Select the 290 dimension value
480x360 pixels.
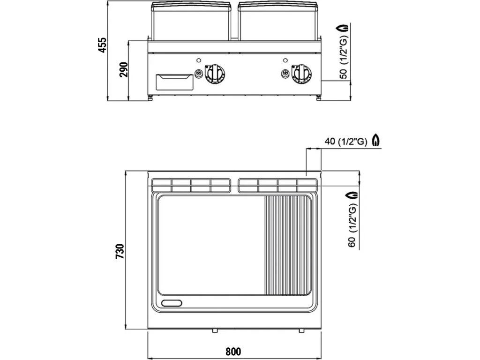click(x=123, y=69)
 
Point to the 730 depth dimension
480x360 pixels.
click(x=120, y=251)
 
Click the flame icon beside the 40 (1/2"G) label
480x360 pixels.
click(x=375, y=140)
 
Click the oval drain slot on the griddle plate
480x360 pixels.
click(x=172, y=303)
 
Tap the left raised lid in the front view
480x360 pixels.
click(x=192, y=21)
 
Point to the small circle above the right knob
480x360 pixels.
click(x=285, y=60)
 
